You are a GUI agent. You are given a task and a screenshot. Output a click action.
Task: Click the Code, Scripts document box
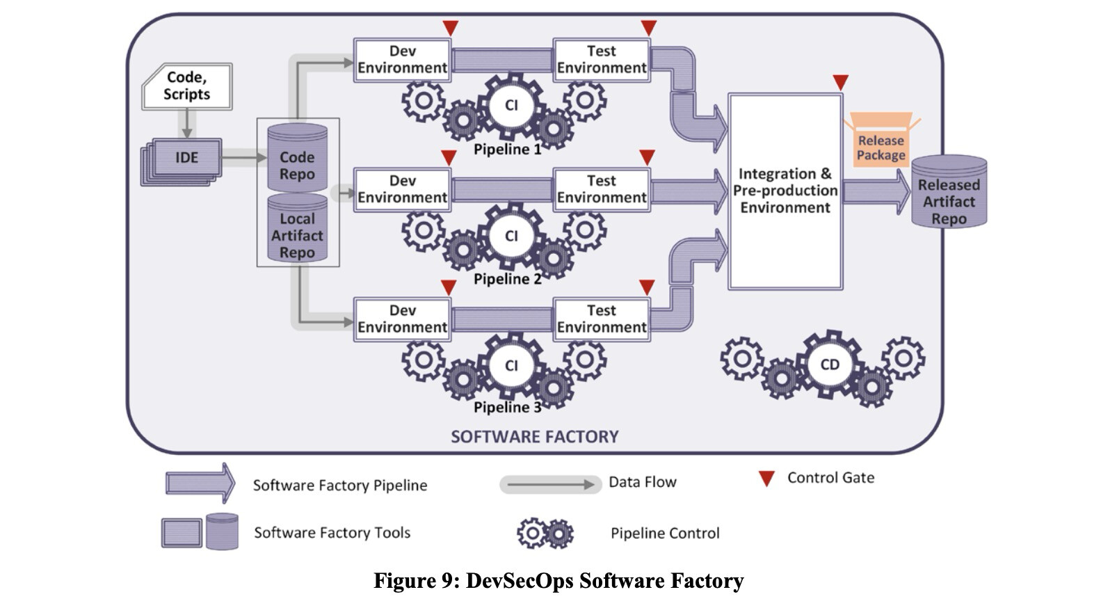(186, 86)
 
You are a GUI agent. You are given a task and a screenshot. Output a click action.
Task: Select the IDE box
(186, 158)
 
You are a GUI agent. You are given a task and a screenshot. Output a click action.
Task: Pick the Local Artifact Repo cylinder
(297, 230)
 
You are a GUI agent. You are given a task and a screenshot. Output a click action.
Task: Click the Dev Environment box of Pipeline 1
(402, 60)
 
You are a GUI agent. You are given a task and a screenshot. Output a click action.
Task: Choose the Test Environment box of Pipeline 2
(602, 189)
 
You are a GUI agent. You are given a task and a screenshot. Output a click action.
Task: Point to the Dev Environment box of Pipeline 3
(402, 319)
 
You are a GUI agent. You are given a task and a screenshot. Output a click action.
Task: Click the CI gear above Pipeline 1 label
(511, 105)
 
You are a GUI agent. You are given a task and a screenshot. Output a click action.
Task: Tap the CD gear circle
(829, 365)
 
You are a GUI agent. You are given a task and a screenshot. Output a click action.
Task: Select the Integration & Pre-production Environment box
(785, 191)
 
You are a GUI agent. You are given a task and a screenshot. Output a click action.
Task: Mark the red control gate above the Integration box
(840, 82)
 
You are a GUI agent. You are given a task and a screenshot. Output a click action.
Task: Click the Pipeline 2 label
(507, 279)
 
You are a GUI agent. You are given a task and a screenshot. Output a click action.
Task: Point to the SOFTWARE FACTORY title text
(534, 437)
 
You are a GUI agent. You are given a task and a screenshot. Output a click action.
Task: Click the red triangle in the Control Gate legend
(766, 479)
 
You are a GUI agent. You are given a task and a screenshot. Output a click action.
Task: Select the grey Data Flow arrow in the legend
(550, 484)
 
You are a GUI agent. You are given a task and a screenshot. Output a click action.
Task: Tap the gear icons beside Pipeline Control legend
(545, 534)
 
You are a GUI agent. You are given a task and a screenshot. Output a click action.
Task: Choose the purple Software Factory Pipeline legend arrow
(200, 483)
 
